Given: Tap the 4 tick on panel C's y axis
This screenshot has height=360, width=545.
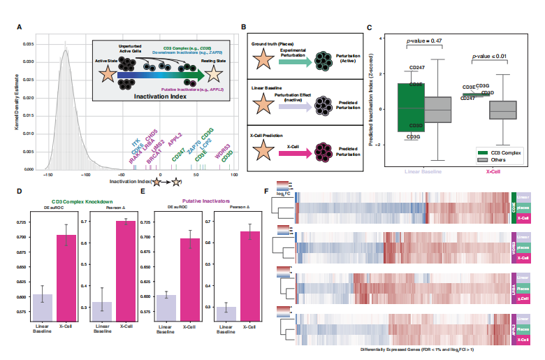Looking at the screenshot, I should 381,38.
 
